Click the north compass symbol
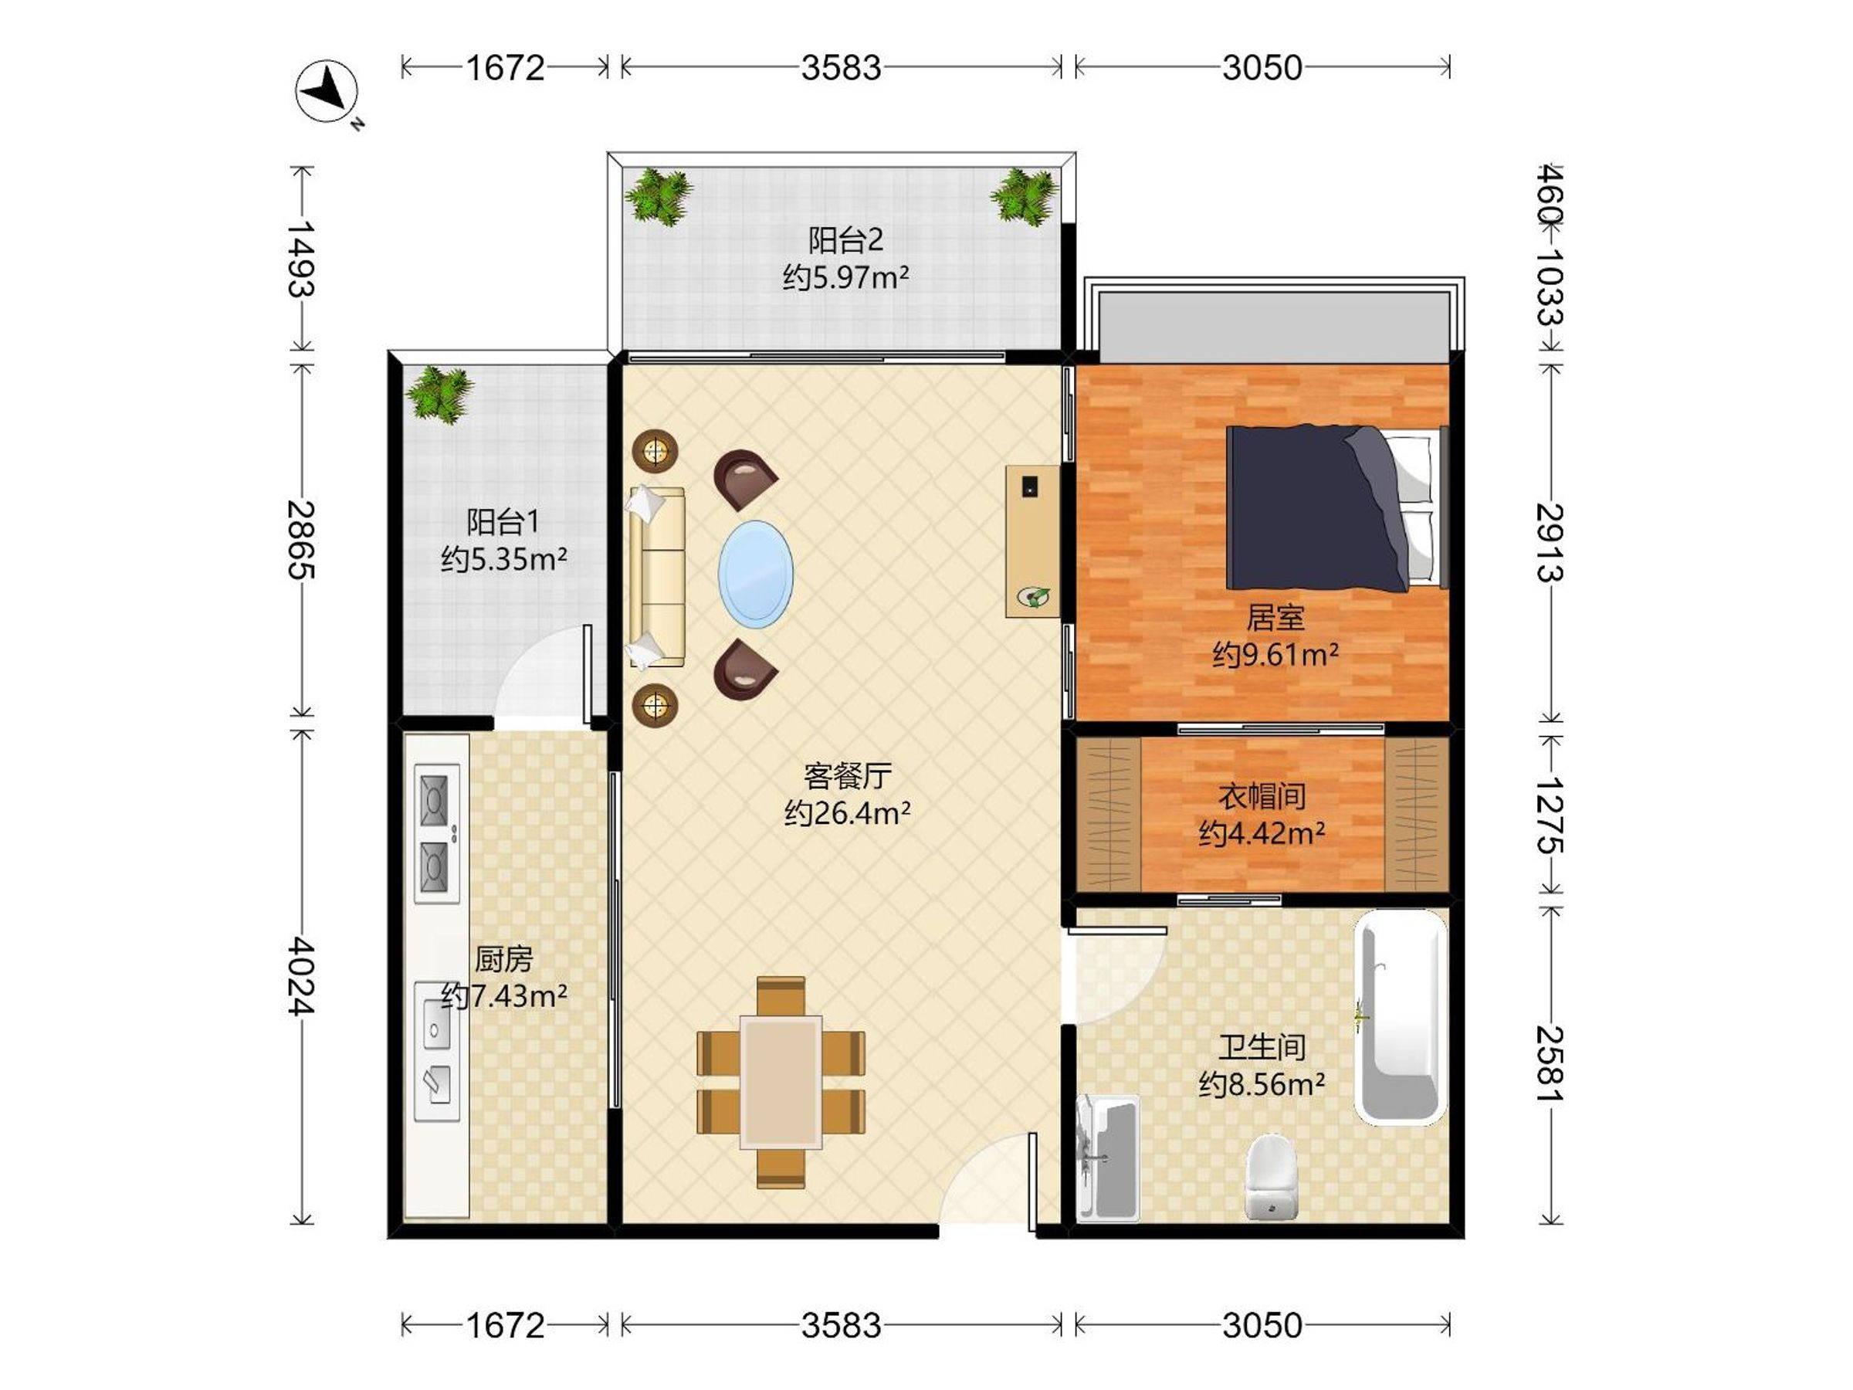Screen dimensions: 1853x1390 327,91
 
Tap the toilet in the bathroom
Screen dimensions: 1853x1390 1271,1176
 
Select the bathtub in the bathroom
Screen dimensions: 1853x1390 1401,1017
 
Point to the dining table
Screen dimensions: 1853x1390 781,1081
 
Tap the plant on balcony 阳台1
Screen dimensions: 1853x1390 440,394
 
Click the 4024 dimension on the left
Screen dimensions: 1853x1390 301,977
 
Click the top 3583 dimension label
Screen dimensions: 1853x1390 841,67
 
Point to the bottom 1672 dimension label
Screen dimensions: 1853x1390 505,1325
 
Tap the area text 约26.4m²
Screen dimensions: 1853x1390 847,812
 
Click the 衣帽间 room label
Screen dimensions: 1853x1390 1262,796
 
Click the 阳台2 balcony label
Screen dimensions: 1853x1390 845,240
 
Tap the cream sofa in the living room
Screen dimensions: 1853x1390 656,578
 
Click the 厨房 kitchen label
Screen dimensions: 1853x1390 503,958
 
